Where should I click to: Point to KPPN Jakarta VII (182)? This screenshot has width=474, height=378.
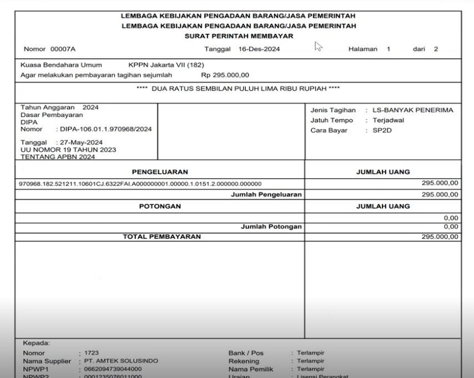pos(167,65)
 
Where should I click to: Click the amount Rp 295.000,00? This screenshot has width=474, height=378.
pos(225,73)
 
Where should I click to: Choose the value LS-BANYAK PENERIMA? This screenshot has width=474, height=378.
pos(415,110)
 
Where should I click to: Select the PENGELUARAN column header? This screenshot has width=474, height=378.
pos(159,172)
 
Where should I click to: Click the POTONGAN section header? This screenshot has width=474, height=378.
pos(159,206)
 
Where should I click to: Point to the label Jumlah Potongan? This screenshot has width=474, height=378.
pos(271,226)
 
